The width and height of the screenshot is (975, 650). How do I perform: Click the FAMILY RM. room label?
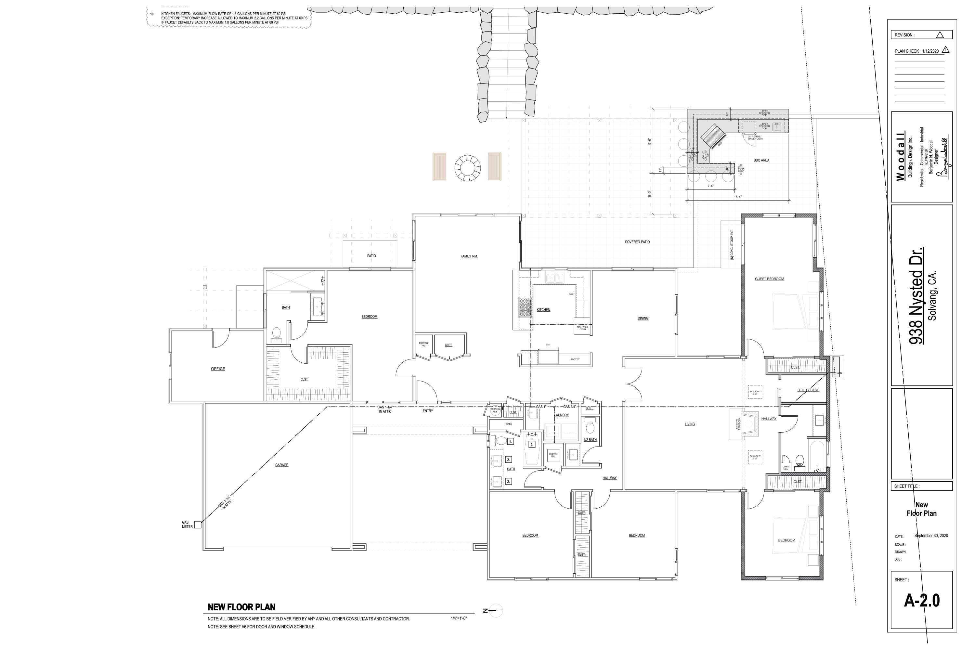[x=469, y=256]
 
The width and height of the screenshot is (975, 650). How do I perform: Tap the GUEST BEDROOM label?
[x=769, y=279]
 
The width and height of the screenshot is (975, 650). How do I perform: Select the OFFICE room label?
[x=218, y=369]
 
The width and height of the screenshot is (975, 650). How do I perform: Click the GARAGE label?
[x=281, y=465]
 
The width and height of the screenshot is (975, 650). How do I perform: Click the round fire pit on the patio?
[x=467, y=168]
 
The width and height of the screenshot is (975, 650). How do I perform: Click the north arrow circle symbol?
[x=496, y=611]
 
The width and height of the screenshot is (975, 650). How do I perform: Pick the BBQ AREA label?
[x=761, y=160]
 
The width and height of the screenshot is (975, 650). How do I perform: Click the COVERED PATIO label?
[x=637, y=242]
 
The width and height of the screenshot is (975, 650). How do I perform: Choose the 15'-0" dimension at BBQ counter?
[x=737, y=197]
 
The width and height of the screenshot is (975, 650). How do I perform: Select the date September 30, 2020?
[x=931, y=536]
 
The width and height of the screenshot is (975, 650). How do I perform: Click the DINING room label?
[x=643, y=318]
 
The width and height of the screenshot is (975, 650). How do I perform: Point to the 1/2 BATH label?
[x=590, y=439]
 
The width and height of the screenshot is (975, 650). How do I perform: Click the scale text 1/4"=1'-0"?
[x=459, y=618]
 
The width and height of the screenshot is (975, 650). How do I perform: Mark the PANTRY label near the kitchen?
[x=575, y=359]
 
